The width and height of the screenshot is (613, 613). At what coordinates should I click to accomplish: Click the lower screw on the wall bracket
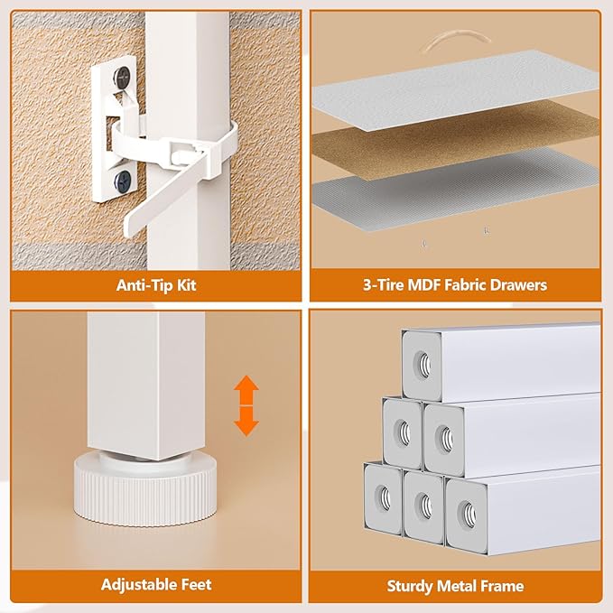(123, 180)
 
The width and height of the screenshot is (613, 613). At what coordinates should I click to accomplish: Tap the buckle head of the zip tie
(183, 152)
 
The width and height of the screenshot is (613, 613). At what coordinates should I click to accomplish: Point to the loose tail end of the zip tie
(131, 226)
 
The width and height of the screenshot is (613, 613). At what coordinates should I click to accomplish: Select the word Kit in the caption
(187, 285)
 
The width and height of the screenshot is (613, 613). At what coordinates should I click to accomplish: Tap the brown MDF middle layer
(455, 139)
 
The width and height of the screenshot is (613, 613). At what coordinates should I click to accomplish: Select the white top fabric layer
(455, 89)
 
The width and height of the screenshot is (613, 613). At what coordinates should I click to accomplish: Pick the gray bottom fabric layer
(455, 190)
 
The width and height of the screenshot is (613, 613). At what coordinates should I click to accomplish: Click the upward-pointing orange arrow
(246, 390)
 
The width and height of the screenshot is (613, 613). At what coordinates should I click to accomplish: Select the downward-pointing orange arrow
(246, 422)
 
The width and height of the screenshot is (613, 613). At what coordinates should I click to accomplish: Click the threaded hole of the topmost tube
(423, 365)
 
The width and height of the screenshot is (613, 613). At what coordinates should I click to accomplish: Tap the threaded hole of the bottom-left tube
(384, 498)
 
